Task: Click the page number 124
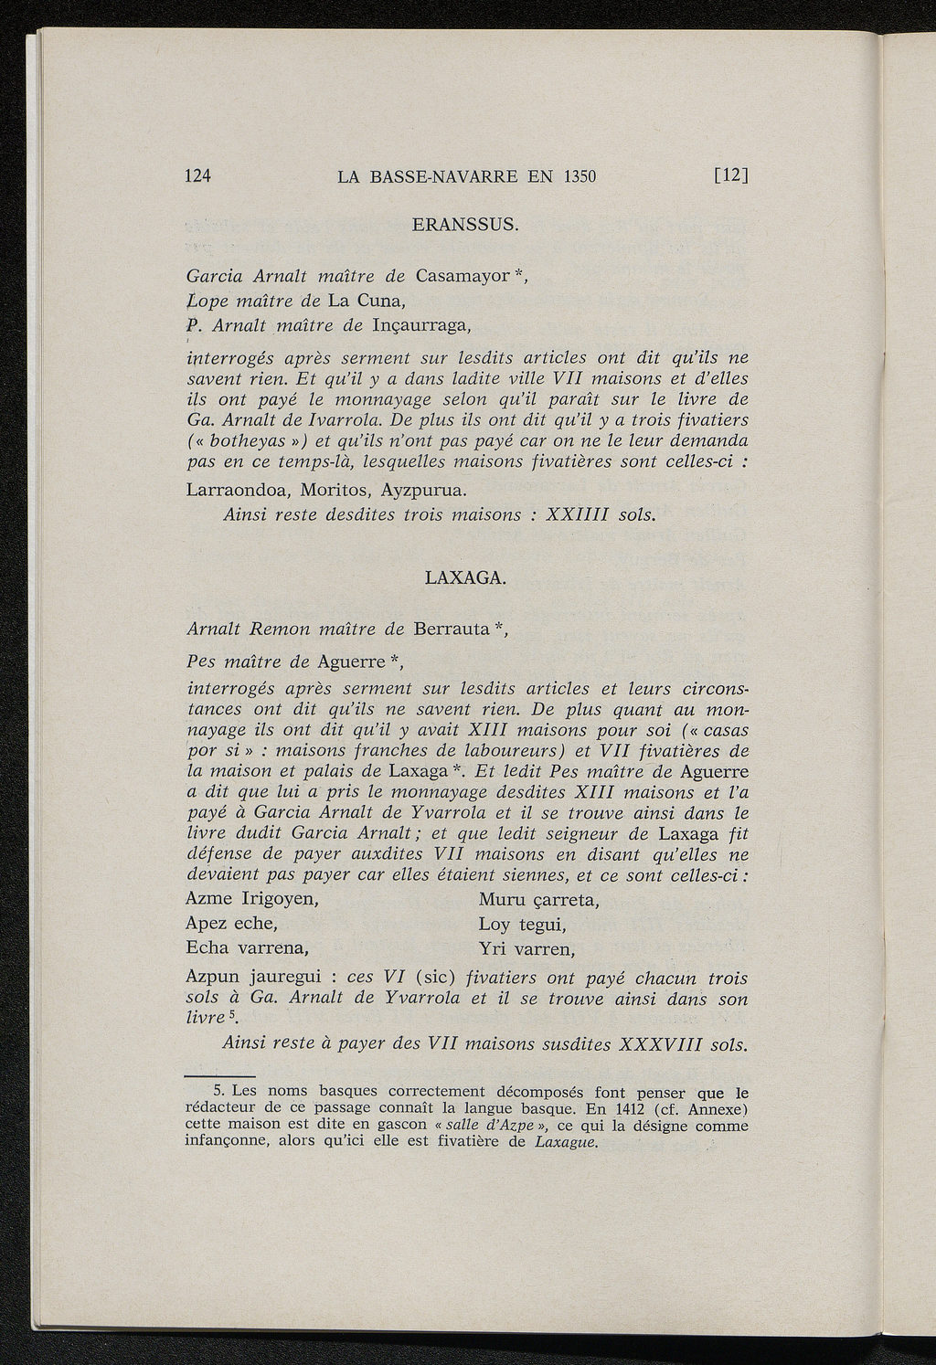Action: pyautogui.click(x=198, y=176)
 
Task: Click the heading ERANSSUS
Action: pyautogui.click(x=465, y=225)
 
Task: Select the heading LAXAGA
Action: pyautogui.click(x=466, y=577)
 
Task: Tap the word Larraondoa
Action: pyautogui.click(x=235, y=490)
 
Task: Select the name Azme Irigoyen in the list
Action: pyautogui.click(x=251, y=899)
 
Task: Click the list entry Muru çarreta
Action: pyautogui.click(x=538, y=900)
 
